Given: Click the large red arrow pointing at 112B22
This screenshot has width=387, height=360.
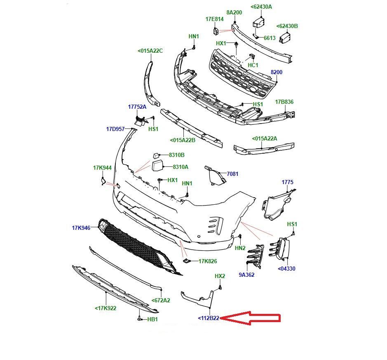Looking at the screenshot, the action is pos(250,318).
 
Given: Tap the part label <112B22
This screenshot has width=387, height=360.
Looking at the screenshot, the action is pos(209,318).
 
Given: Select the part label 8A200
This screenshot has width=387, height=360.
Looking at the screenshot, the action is pos(234,12).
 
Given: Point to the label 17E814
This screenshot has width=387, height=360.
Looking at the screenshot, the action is pos(214,19).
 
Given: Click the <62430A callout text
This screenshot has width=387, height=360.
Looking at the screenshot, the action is pos(261,7).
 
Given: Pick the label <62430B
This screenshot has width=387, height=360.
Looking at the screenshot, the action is pos(287,26).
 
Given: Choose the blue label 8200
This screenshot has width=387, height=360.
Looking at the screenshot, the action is pos(277,72).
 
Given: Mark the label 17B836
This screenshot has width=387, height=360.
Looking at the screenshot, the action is pos(284,102).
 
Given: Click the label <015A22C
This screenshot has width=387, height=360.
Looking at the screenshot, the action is pos(150,51).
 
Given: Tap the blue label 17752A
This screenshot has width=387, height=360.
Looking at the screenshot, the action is pos(137,107).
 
